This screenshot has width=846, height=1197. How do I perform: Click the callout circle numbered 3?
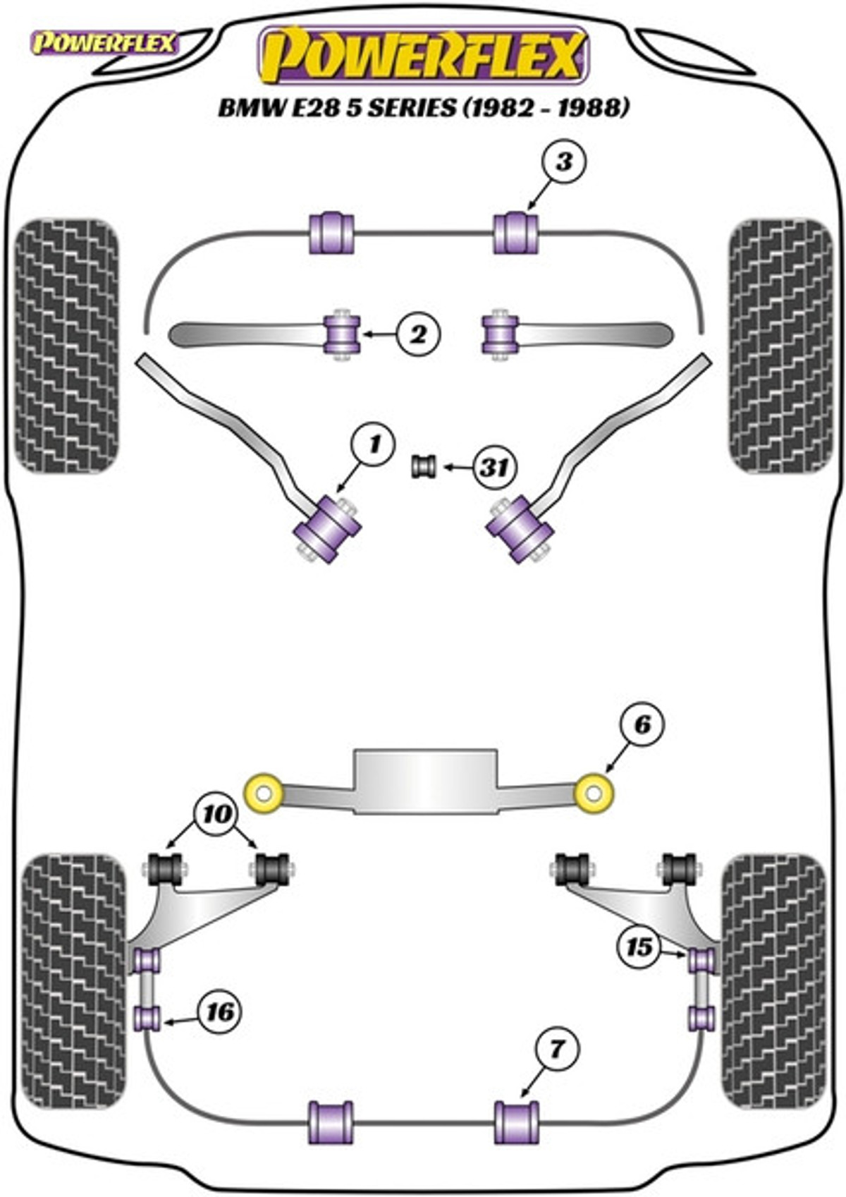point(564,161)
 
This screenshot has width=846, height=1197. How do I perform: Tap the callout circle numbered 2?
point(419,335)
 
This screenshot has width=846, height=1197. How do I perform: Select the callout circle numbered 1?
point(373,444)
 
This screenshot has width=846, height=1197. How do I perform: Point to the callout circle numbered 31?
point(495,468)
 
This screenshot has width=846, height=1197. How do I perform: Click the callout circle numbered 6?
point(642,725)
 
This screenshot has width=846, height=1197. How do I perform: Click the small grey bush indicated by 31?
point(424,466)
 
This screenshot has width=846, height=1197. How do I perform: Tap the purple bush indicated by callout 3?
point(515,233)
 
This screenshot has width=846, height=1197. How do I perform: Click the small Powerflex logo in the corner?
point(104,44)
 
